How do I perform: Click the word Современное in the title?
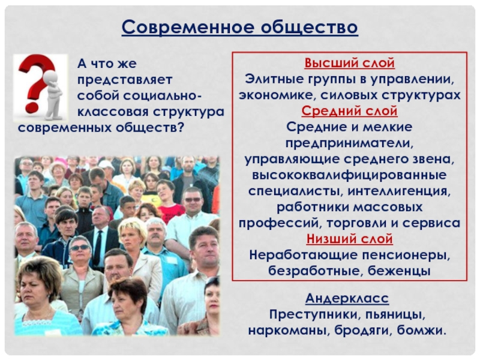click(188, 27)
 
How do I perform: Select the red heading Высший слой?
click(350, 63)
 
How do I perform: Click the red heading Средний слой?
click(350, 111)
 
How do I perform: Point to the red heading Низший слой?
click(350, 239)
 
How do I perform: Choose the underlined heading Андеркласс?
click(347, 298)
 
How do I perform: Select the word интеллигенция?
click(399, 191)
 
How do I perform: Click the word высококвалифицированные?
click(349, 175)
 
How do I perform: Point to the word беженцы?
click(399, 271)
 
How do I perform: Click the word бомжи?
click(422, 331)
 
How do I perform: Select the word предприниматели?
click(349, 143)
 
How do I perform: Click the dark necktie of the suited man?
click(98, 247)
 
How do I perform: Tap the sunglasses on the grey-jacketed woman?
click(80, 247)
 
